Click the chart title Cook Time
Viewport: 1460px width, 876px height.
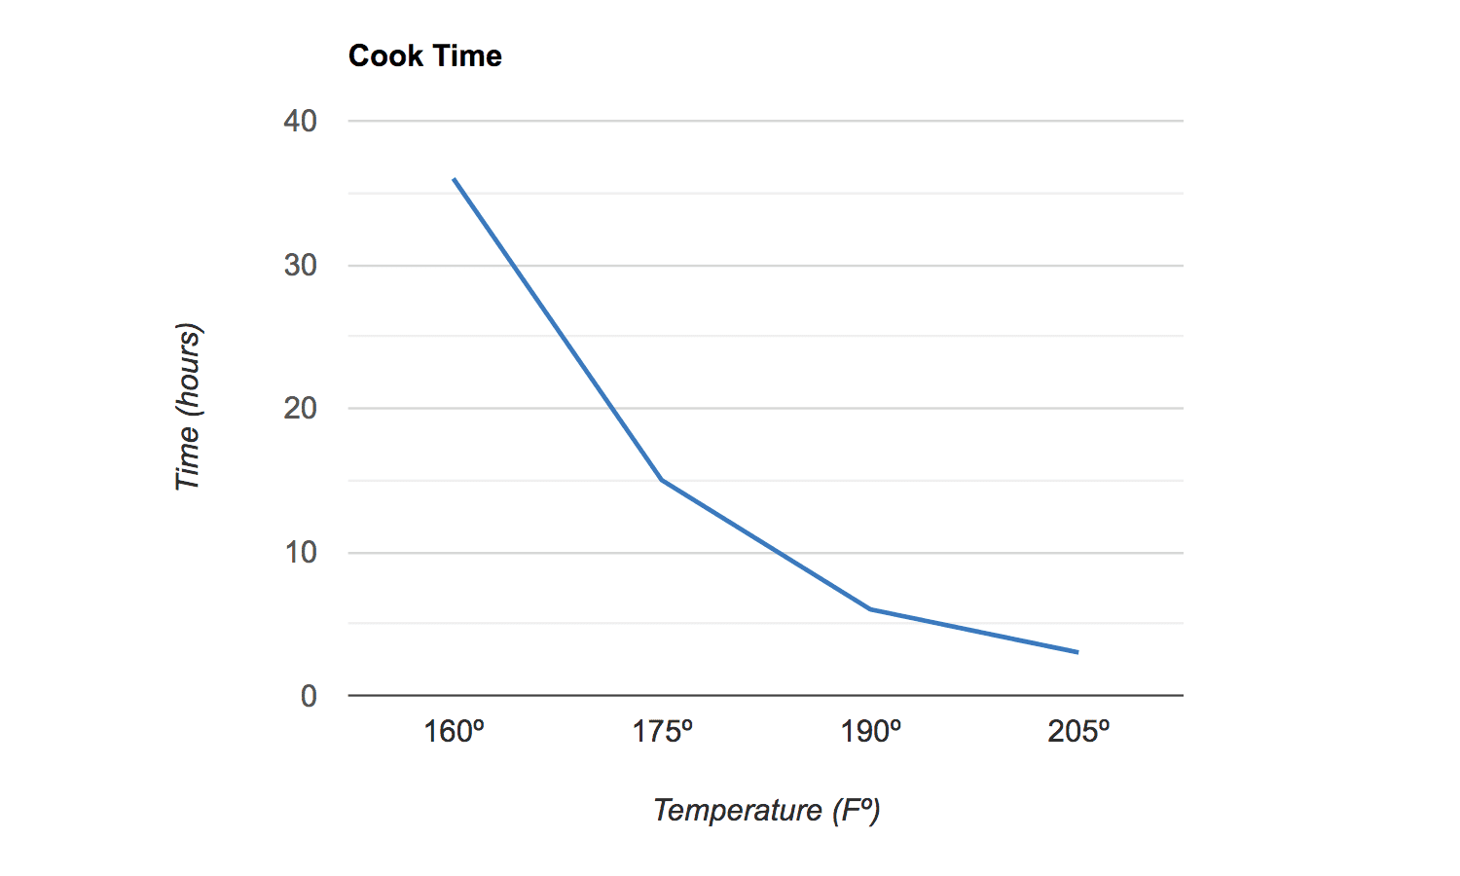(x=425, y=56)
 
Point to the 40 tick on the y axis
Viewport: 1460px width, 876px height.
(x=301, y=122)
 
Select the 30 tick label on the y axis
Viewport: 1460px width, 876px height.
(x=301, y=266)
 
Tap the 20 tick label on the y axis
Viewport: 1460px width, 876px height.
(x=301, y=409)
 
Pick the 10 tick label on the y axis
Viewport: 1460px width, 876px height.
(x=301, y=553)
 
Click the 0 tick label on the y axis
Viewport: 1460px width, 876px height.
(x=309, y=696)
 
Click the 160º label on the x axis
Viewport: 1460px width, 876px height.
(x=454, y=731)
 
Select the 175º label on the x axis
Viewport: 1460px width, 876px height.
(x=662, y=731)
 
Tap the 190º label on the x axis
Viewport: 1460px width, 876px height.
(x=870, y=731)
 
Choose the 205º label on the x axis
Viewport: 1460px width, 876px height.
(x=1078, y=731)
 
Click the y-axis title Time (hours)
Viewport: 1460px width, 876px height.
(x=187, y=407)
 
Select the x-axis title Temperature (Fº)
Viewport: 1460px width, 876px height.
(x=766, y=810)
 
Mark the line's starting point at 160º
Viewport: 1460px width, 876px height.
(x=455, y=179)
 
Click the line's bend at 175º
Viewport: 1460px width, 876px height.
(x=662, y=480)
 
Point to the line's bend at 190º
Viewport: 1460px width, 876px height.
(x=870, y=609)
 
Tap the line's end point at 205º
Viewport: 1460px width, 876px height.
(x=1077, y=652)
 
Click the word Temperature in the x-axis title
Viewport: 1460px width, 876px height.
(x=738, y=810)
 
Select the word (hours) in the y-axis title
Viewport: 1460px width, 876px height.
(x=187, y=370)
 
